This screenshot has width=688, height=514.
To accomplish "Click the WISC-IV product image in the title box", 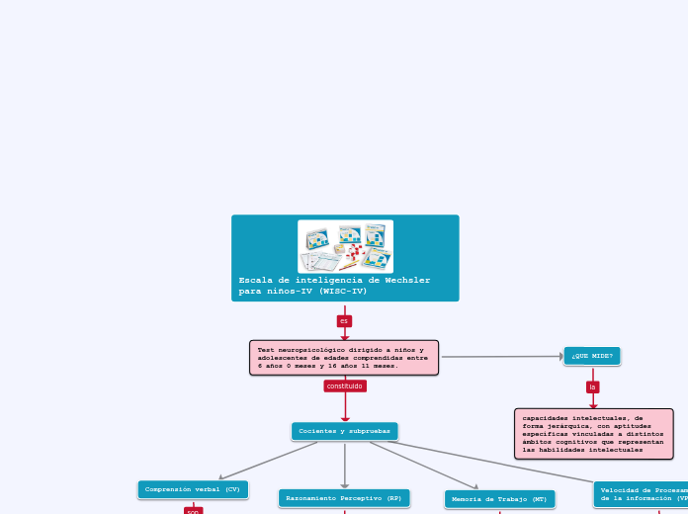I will [345, 246].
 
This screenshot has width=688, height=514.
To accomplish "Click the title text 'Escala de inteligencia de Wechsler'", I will [334, 280].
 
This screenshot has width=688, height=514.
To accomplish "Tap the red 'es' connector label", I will [344, 321].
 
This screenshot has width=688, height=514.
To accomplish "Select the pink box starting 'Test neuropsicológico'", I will [343, 358].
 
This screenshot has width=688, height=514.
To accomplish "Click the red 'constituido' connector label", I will [345, 385].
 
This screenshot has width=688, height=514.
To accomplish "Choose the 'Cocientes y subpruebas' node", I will [344, 431].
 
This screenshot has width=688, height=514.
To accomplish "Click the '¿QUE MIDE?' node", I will [591, 356].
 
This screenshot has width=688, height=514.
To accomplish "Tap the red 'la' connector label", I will [592, 386].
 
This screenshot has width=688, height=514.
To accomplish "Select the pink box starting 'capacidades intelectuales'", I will [593, 434].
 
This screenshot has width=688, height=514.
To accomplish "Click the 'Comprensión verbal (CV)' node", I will [193, 489].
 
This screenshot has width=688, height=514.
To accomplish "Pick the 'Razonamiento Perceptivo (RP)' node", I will [344, 498].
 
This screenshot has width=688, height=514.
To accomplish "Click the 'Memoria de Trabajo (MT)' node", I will [499, 499].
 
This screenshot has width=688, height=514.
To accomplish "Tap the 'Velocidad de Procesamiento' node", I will [643, 494].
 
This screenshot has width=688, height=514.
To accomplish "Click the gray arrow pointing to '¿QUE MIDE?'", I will [504, 356].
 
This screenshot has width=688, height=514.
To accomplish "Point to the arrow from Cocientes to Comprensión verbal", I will [267, 461].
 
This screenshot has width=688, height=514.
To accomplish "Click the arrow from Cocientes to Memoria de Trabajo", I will [425, 465].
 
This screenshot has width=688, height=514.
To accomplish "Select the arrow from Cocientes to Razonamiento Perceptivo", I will [345, 465].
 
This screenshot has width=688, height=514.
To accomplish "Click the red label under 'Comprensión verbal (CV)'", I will [193, 511].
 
